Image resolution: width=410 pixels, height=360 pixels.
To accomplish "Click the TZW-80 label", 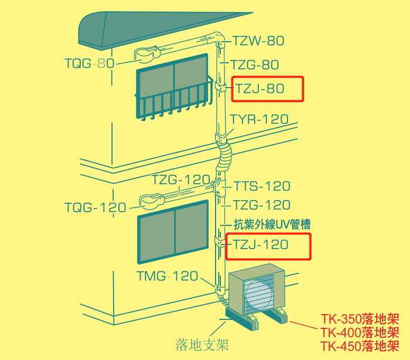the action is pyautogui.click(x=258, y=41).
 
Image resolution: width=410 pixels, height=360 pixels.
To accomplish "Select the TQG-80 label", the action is pyautogui.click(x=89, y=63).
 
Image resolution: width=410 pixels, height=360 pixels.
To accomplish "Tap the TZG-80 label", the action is pyautogui.click(x=255, y=64).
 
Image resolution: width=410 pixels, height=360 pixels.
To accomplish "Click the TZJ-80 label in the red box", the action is pyautogui.click(x=260, y=89).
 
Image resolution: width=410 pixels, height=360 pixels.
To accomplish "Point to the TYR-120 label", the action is pyautogui.click(x=259, y=119).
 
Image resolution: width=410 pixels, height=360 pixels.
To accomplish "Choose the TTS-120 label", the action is pyautogui.click(x=262, y=186).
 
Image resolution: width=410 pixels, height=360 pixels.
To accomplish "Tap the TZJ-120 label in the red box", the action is pyautogui.click(x=260, y=244).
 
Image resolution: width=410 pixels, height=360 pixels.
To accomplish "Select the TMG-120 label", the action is pyautogui.click(x=167, y=276).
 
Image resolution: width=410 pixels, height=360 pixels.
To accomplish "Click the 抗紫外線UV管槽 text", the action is pyautogui.click(x=272, y=224).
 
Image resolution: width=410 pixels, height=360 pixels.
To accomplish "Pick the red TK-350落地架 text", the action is pyautogui.click(x=360, y=319).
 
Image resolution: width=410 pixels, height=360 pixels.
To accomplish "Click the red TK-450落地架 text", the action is pyautogui.click(x=360, y=346).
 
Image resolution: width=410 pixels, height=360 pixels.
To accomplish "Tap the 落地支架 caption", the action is pyautogui.click(x=202, y=345).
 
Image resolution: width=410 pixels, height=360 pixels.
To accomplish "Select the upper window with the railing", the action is pyautogui.click(x=173, y=86).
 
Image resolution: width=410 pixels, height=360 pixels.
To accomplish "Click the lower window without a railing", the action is pyautogui.click(x=173, y=231).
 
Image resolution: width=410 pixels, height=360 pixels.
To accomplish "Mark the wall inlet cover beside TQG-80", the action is pyautogui.click(x=147, y=54).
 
